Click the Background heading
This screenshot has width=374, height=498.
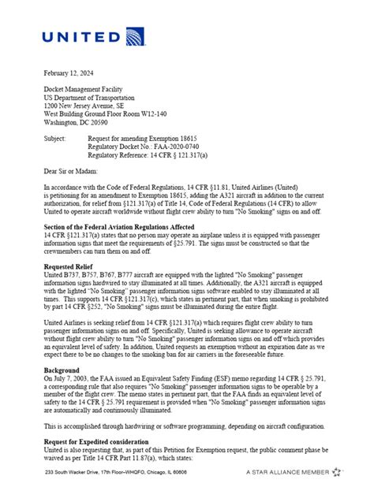[63, 371]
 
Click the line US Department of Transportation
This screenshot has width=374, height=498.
[92, 96]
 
